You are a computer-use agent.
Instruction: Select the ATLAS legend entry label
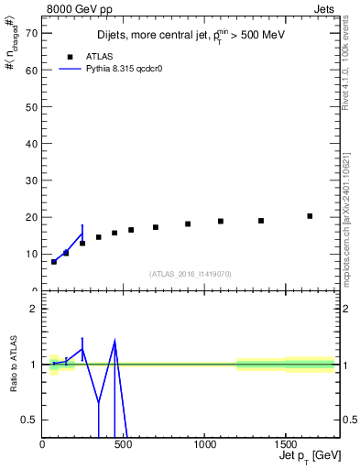tap(111, 56)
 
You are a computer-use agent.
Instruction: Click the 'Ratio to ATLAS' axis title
tap(12, 364)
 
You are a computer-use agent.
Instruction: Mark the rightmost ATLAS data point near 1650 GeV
tap(310, 216)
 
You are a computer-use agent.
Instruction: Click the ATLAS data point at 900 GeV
tap(188, 224)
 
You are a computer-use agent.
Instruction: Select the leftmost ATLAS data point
tap(54, 262)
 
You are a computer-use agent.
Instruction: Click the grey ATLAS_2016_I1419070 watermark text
tap(191, 273)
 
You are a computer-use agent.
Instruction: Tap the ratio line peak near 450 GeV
tap(115, 342)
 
